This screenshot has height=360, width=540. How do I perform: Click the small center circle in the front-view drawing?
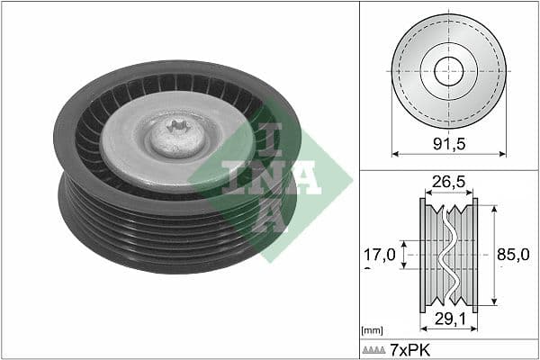[x=448, y=72]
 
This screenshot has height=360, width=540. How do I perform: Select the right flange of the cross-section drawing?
[x=475, y=255]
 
